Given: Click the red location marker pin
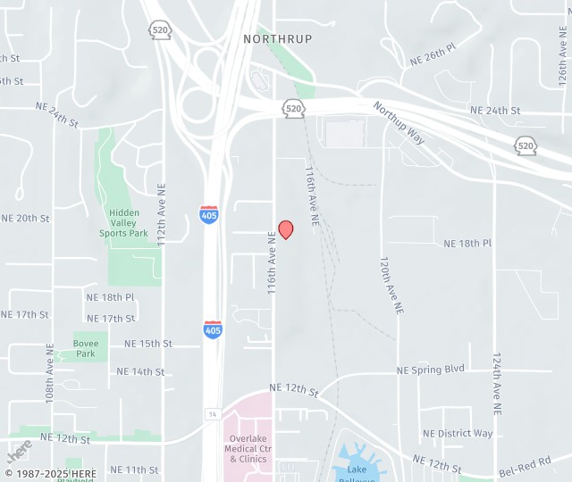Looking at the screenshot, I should tap(286, 229).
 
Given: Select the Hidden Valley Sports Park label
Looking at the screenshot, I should tap(123, 223).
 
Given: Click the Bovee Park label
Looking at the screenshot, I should tap(86, 348).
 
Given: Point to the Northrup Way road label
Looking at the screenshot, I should tap(400, 122).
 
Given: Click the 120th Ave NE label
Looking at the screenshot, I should tap(391, 285).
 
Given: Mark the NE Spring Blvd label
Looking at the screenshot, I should tap(431, 370).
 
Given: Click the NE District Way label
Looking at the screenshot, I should tap(458, 434).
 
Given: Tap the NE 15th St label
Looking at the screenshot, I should tap(148, 344).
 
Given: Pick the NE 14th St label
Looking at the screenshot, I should tap(140, 371).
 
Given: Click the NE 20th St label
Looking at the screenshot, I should tap(25, 218).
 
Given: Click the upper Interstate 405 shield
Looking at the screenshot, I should tap(208, 214).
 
